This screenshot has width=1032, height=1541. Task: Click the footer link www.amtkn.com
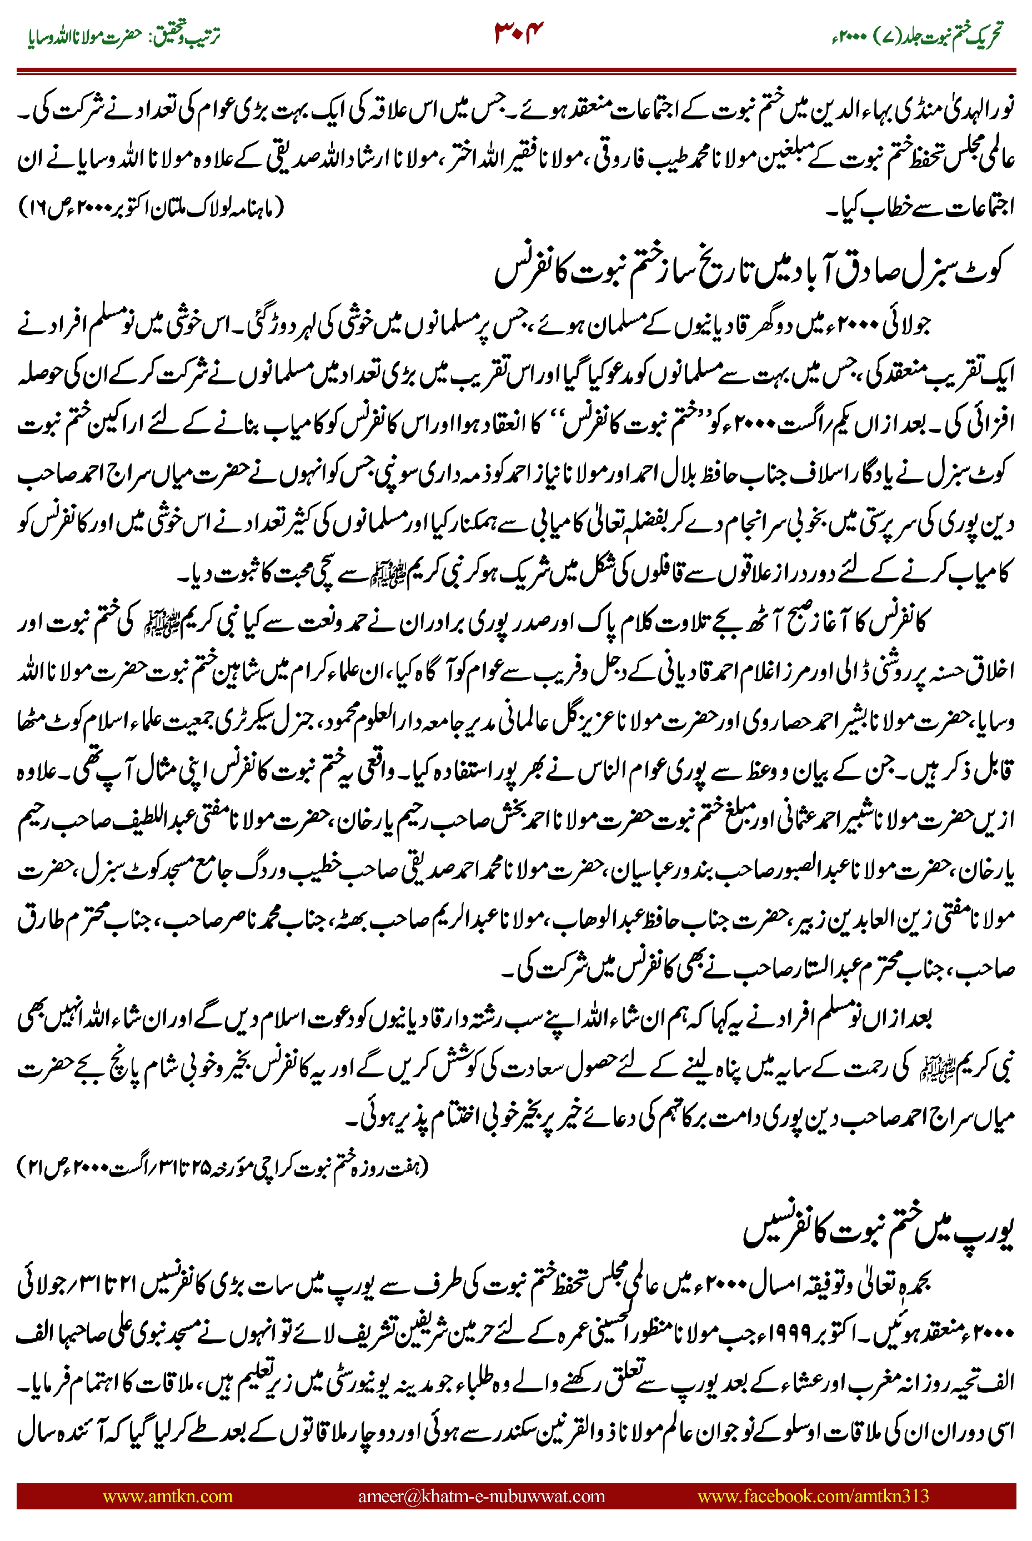tap(167, 1495)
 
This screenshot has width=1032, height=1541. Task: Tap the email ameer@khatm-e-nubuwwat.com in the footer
tap(481, 1495)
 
